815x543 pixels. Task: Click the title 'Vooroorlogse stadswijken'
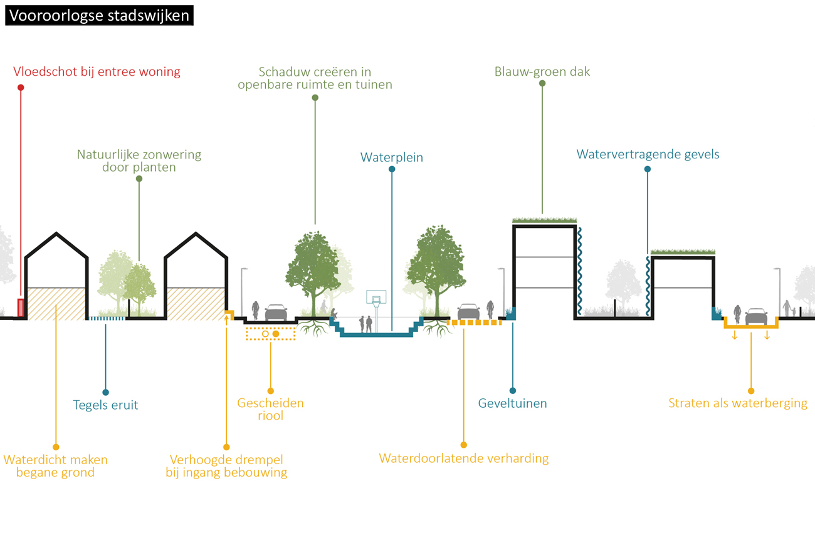(99, 15)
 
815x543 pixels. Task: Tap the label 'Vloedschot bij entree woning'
(97, 71)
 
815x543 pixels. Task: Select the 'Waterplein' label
(391, 157)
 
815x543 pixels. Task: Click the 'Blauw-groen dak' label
(542, 71)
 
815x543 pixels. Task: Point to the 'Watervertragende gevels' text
(648, 154)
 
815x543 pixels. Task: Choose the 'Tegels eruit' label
(105, 405)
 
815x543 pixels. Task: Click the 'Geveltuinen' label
(512, 403)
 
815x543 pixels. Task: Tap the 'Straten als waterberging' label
(738, 403)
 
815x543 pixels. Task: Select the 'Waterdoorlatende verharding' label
(463, 458)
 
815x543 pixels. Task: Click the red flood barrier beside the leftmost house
(21, 308)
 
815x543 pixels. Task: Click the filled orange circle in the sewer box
(276, 334)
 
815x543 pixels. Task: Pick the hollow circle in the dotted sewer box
(265, 334)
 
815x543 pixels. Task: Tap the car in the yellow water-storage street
(756, 317)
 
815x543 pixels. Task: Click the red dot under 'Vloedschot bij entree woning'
(21, 88)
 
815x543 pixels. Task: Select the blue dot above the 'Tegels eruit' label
(105, 392)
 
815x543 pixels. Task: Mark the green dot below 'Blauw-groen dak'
(542, 83)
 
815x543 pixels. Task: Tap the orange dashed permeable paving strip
(474, 323)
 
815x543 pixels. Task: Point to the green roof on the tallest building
(544, 220)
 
